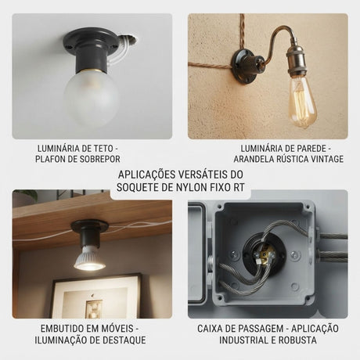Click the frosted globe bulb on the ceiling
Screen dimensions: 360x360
(92, 98)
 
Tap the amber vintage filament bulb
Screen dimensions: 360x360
(302, 101)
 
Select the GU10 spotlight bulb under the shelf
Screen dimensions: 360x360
(89, 258)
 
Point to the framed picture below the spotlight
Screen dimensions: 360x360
(95, 296)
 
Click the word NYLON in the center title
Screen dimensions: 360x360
(194, 187)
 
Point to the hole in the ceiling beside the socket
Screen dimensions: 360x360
(129, 38)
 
